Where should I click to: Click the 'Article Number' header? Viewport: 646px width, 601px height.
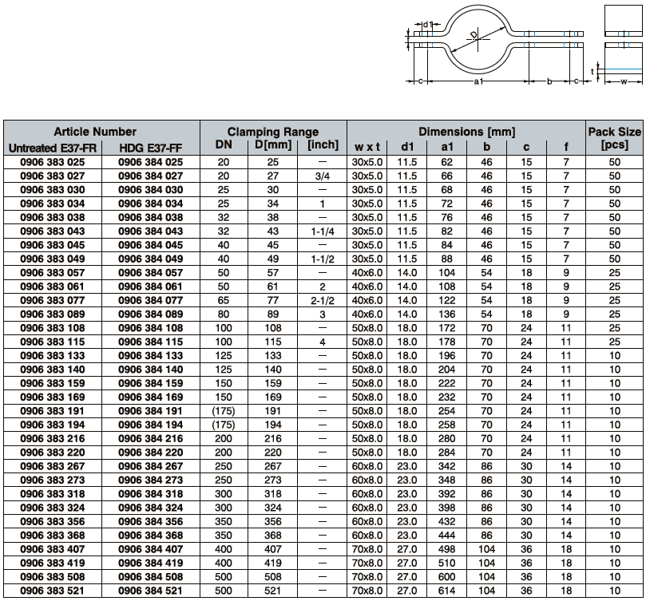tap(95, 132)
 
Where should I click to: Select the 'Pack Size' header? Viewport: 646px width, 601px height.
tap(614, 132)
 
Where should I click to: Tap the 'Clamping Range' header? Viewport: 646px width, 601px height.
tap(273, 132)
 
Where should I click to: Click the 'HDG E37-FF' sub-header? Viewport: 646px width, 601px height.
tap(150, 148)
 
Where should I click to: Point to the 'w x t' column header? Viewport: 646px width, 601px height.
tap(367, 147)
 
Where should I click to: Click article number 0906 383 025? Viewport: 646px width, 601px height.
tap(53, 162)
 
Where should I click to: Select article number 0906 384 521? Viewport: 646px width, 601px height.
tap(150, 591)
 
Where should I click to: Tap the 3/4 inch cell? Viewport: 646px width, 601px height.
tap(322, 176)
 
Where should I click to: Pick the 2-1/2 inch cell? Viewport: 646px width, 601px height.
tap(322, 301)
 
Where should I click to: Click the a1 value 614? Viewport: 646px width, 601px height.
tap(446, 591)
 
